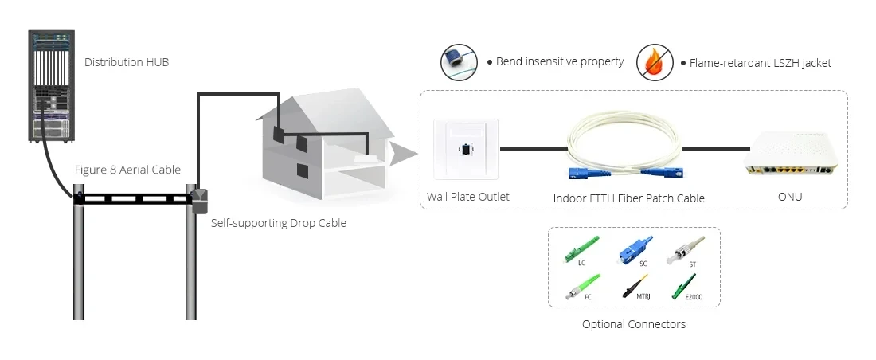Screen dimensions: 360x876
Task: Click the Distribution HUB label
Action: coord(126,62)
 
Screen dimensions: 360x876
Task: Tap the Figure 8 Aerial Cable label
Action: coord(127,170)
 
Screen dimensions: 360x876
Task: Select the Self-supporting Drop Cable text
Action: coord(278,223)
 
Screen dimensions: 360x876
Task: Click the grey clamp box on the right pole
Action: coord(199,200)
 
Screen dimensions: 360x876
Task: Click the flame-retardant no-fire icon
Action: coord(654,62)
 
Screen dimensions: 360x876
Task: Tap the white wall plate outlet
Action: coord(465,149)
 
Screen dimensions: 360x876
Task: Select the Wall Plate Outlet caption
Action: coord(467,197)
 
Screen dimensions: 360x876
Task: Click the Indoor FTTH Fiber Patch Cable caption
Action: coord(628,198)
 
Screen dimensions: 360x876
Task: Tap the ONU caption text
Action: coord(790,197)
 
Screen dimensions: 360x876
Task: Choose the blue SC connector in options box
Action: coord(636,248)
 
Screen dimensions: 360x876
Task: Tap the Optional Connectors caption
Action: coord(633,324)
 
